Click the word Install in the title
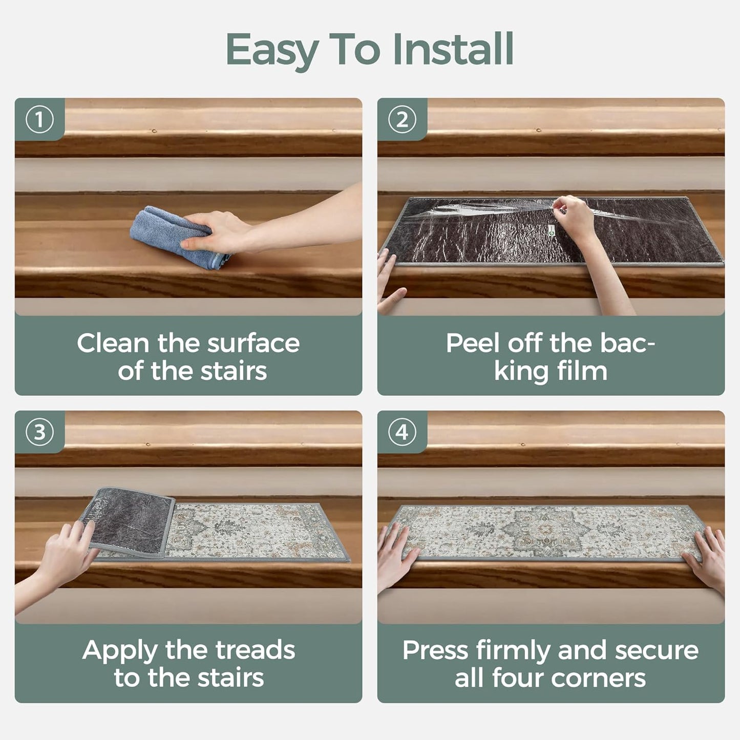(453, 49)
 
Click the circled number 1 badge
(39, 120)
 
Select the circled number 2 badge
(402, 120)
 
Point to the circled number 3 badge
(39, 432)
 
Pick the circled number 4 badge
(402, 432)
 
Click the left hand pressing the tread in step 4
(397, 551)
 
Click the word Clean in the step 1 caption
(113, 343)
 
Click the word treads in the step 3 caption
(255, 650)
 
